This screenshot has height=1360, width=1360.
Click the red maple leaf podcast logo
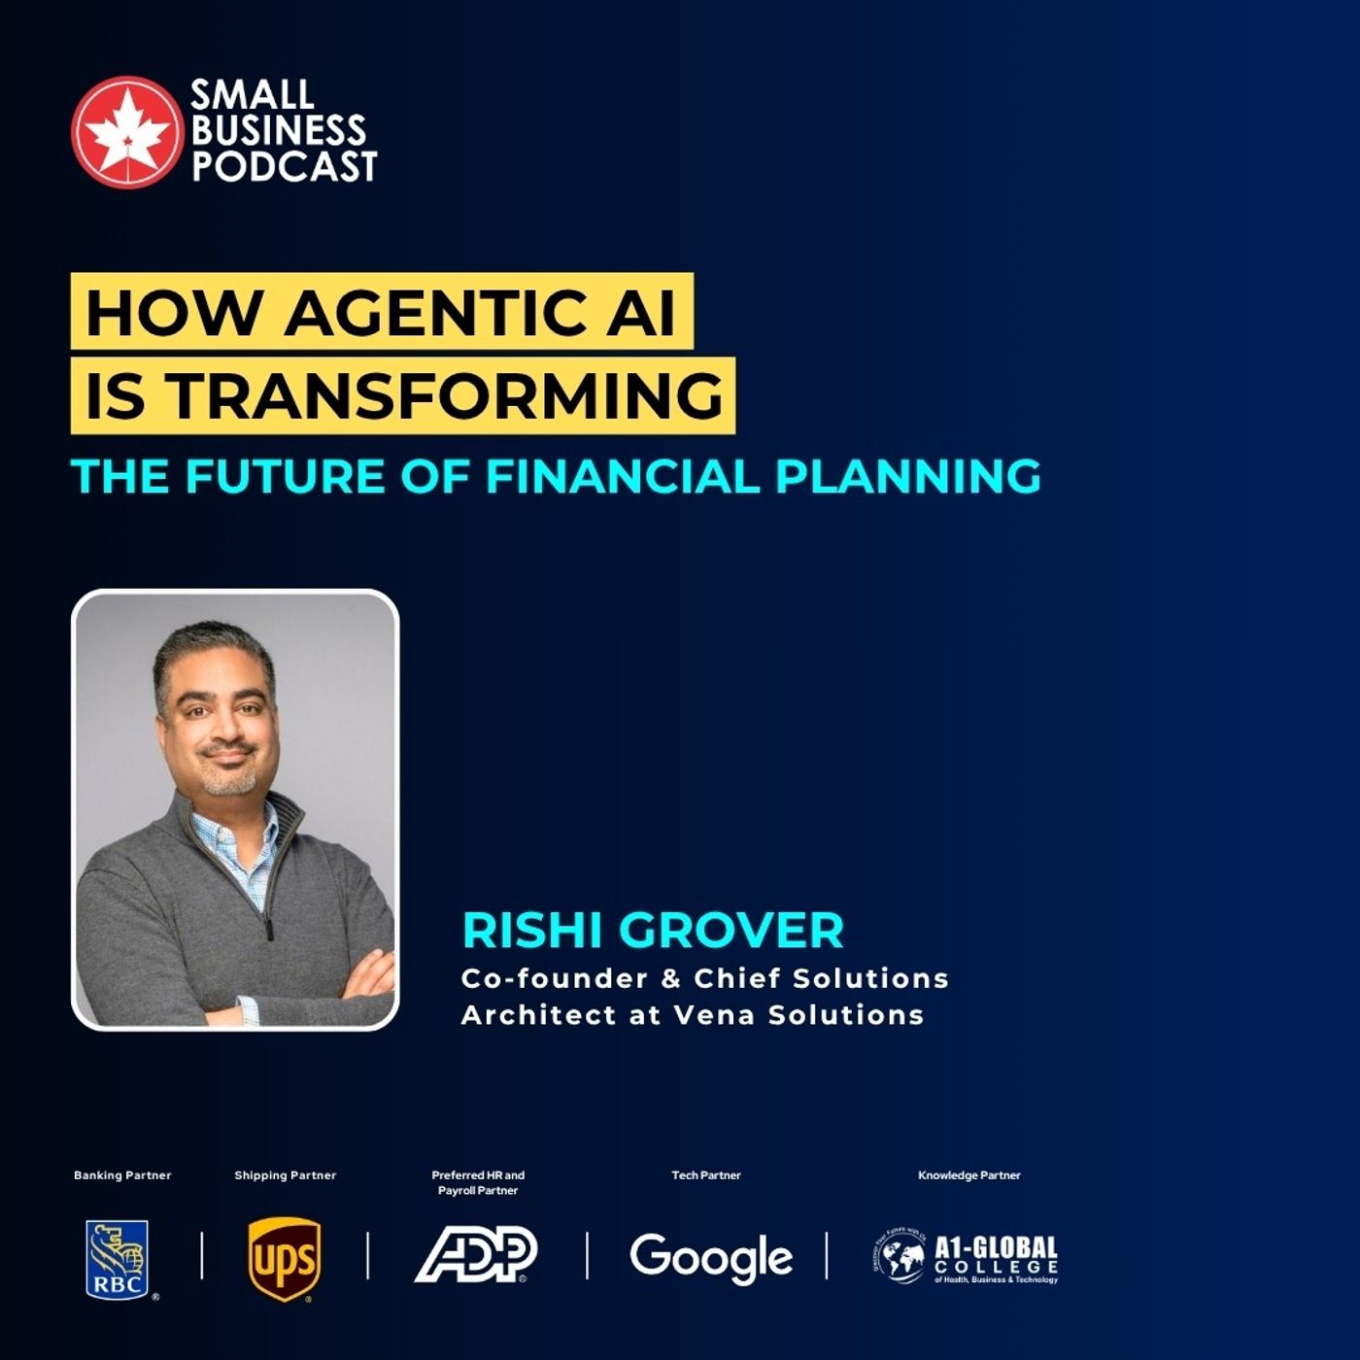[126, 131]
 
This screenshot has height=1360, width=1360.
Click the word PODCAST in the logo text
[284, 167]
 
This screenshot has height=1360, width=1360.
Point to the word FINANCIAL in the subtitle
[622, 476]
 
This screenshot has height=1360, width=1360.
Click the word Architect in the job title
[526, 1015]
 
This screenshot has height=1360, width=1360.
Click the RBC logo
[118, 1259]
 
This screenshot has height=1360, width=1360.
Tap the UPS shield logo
[284, 1259]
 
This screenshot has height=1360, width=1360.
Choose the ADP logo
[476, 1255]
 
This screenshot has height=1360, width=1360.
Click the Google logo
[710, 1257]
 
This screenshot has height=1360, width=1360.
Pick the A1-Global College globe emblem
[899, 1257]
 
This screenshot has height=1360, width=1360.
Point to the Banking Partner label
[122, 1175]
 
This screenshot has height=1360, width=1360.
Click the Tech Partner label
[706, 1175]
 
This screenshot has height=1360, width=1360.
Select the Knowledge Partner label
[969, 1175]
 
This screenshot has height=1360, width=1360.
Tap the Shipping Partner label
[285, 1175]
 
